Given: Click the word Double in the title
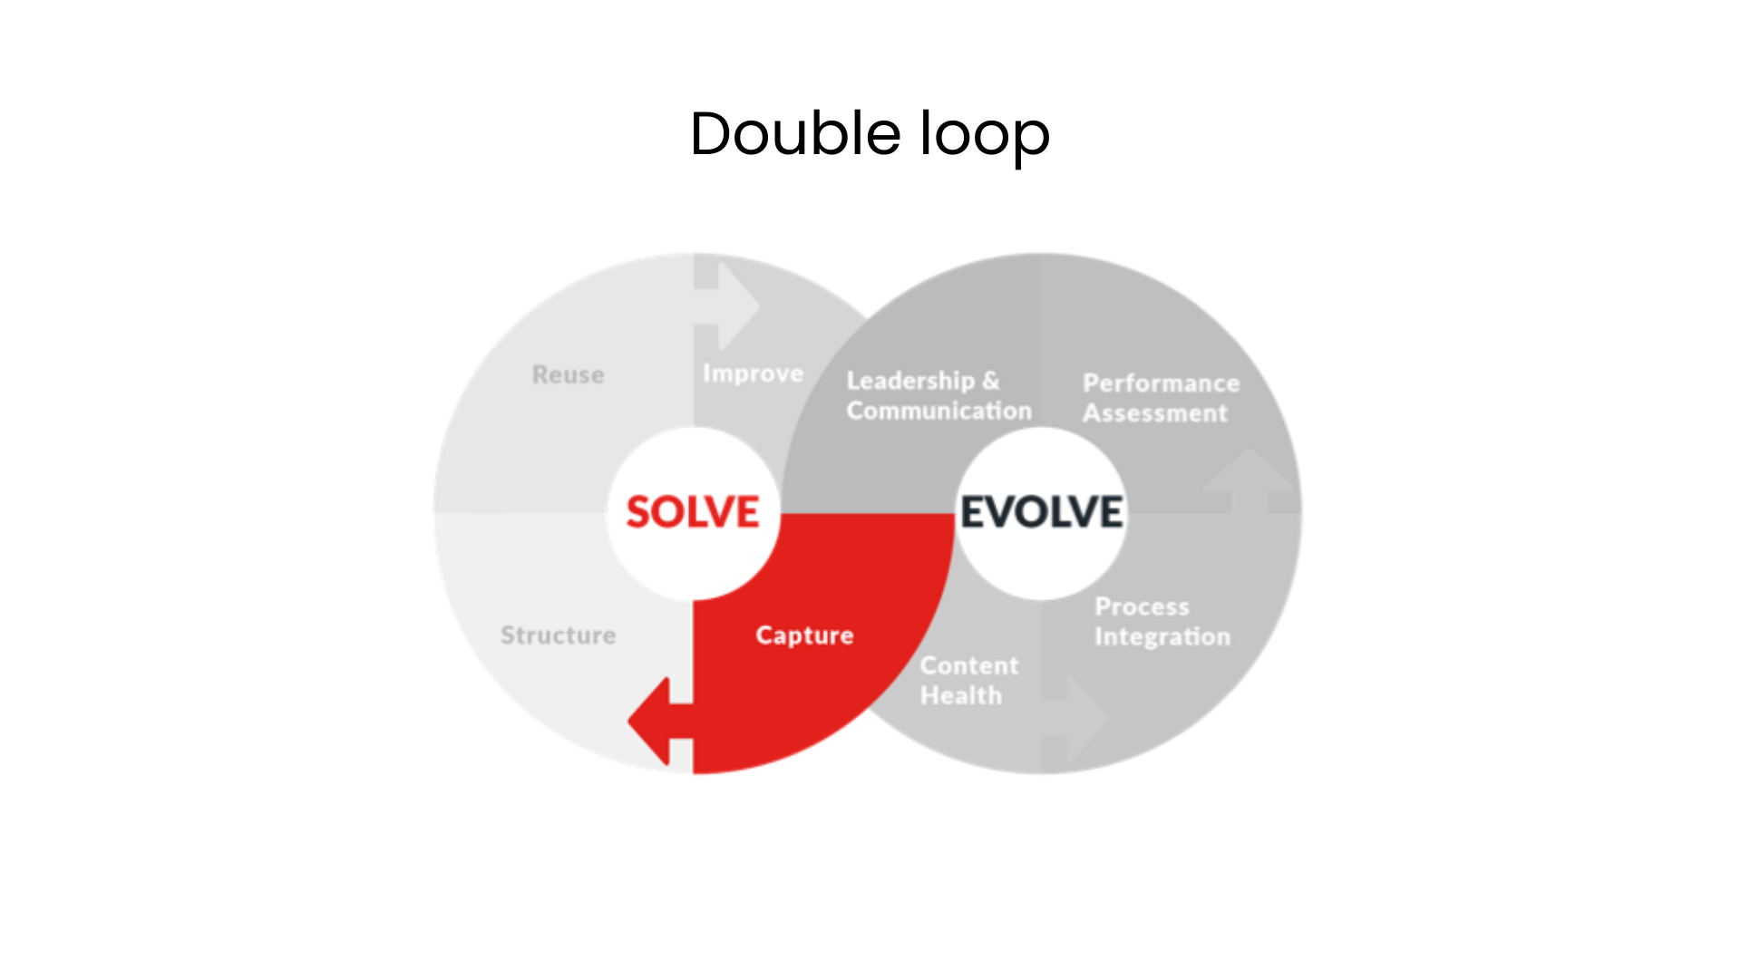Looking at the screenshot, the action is tap(794, 134).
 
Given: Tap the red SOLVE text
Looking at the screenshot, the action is tap(693, 512).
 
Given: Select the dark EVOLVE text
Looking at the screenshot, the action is tap(1042, 512).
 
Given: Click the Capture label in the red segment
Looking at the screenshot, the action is tap(804, 635).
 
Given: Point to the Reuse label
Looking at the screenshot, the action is tap(568, 374).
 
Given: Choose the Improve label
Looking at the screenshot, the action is tap(753, 373).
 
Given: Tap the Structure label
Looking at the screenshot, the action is tap(558, 635).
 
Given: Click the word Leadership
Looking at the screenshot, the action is tap(910, 381).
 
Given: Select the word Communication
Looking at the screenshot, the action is tap(939, 411).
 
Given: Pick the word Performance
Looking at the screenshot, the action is tap(1161, 383).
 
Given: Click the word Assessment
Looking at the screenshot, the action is tap(1154, 413).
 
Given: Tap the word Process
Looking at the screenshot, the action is tap(1142, 606).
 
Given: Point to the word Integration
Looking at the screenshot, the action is tap(1162, 636).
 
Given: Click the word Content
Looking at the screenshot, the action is tap(969, 666).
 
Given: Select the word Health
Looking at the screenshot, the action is tap(960, 696).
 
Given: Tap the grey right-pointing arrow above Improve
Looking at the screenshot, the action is tap(730, 306).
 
